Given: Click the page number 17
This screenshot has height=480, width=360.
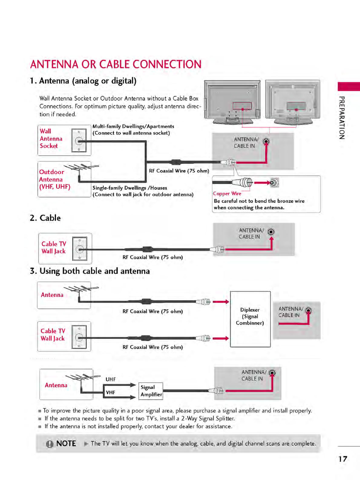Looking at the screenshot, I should tap(343, 459).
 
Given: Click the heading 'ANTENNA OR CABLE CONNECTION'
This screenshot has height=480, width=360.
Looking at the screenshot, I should tap(116, 64).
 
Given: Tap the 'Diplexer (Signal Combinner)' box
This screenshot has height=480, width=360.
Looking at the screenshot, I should tap(250, 319).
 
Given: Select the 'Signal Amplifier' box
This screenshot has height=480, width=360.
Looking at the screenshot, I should tap(151, 391).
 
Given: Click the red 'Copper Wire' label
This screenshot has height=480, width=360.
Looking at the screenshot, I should tap(227, 194).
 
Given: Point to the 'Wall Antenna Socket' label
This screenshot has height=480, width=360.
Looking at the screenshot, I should tap(51, 139).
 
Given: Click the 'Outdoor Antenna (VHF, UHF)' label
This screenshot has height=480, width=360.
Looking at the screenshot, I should tap(54, 179).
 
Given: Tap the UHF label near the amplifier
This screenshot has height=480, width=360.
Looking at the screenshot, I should tap(110, 380).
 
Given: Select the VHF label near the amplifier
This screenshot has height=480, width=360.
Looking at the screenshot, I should tap(110, 393).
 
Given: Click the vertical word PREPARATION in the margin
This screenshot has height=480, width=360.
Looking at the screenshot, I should tap(342, 118).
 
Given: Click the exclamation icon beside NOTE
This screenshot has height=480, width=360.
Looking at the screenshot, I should tap(50, 444).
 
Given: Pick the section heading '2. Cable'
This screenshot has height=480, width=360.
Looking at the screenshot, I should tap(45, 218).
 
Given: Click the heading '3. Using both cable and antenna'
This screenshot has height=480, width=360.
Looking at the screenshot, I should tap(90, 271).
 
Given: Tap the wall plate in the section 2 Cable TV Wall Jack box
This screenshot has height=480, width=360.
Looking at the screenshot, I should tap(80, 249).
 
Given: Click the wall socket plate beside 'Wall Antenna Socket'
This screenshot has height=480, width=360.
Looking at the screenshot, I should tap(79, 140).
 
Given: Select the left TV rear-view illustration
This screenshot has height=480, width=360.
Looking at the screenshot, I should tap(232, 102).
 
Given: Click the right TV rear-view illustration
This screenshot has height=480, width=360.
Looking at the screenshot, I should tap(293, 102).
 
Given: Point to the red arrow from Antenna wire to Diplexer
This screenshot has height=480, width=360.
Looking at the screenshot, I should tap(221, 302).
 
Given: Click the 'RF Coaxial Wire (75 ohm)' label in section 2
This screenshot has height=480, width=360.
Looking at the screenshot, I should tap(152, 258).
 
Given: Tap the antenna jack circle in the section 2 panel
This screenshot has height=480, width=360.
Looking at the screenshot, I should tap(271, 232).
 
